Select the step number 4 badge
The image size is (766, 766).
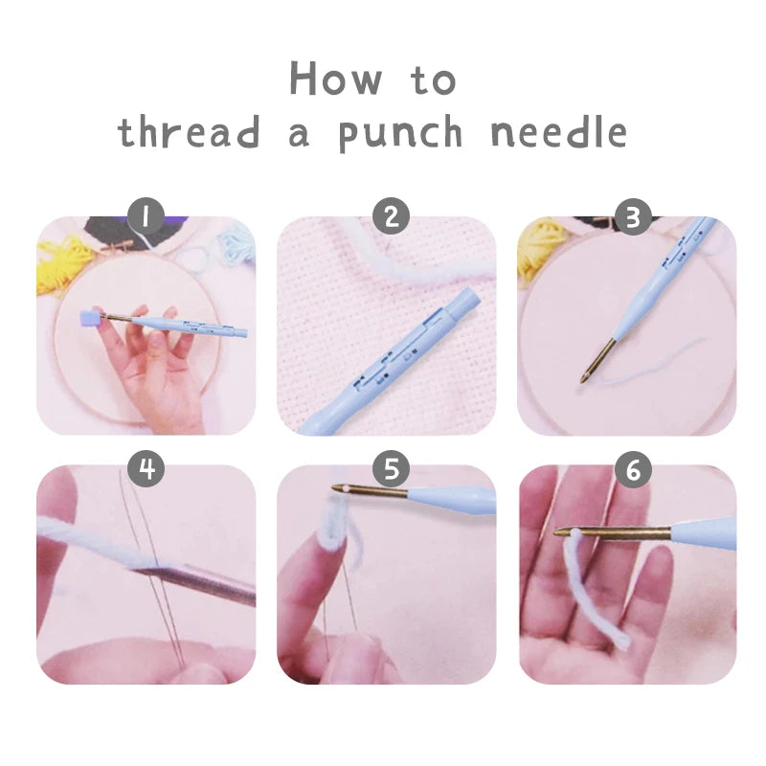pos(146,469)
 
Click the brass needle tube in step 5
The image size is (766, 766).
pos(373,493)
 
